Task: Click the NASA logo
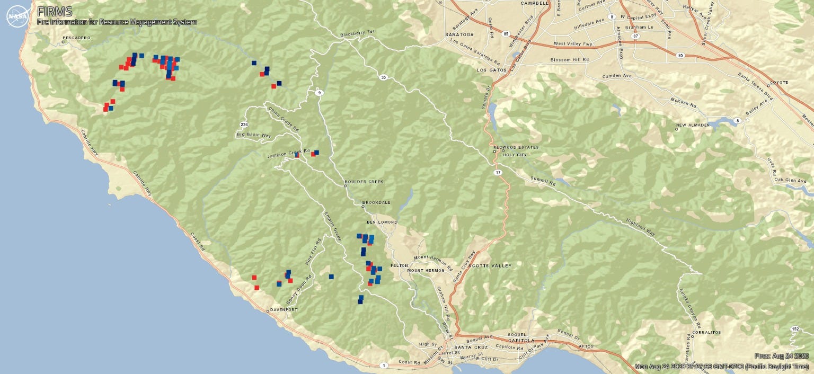[x=17, y=16]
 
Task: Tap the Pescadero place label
[x=76, y=38]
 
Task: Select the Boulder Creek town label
[x=364, y=182]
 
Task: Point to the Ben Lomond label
[x=382, y=222]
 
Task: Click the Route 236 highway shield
[x=244, y=124]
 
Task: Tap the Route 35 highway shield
[x=383, y=77]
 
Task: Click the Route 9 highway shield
[x=318, y=93]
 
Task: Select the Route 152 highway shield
[x=795, y=329]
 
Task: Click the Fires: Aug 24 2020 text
[x=782, y=356]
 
